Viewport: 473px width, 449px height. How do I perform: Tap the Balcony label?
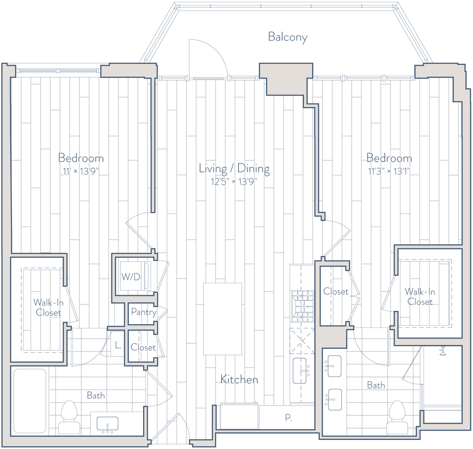(x=287, y=37)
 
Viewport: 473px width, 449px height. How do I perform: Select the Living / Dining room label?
(x=234, y=169)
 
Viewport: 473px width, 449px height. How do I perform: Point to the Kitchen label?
(x=239, y=380)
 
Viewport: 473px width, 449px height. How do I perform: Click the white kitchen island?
(x=223, y=319)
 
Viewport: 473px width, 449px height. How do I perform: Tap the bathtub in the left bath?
(x=29, y=400)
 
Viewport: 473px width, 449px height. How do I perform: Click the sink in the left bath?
(x=106, y=423)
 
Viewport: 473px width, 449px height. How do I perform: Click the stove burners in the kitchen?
(x=303, y=305)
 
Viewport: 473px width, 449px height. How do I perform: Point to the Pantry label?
(x=141, y=312)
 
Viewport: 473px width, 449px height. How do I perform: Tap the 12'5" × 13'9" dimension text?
(x=234, y=181)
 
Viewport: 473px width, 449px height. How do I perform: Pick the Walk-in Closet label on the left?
(x=48, y=307)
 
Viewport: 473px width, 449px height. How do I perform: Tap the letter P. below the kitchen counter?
(x=289, y=419)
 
